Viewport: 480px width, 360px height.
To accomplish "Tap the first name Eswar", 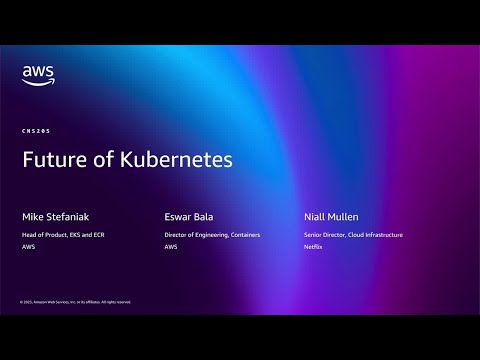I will coord(177,216).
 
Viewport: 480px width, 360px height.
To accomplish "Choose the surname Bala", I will coord(202,216).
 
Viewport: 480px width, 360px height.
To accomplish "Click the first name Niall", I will coord(317,216).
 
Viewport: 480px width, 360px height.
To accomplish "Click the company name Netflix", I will coord(313,246).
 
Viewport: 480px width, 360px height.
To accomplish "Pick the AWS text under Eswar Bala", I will coord(170,246).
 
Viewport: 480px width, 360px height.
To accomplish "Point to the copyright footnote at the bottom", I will coord(75,301).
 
